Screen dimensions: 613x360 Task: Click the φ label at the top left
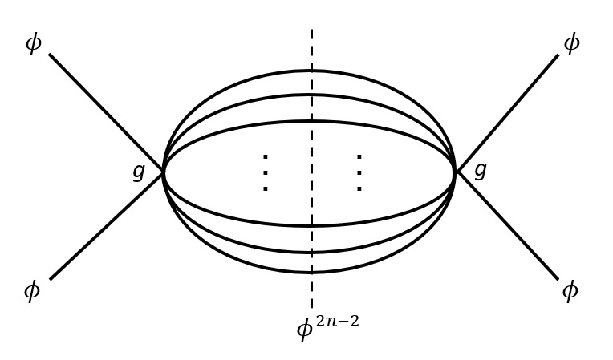coord(33,42)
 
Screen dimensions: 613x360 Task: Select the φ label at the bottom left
coord(31,290)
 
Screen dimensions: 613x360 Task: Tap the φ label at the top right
coord(571,42)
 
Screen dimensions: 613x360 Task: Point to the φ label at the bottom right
coord(570,290)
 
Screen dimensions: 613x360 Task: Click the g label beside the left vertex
coord(139,171)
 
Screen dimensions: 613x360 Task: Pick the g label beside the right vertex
coord(480,170)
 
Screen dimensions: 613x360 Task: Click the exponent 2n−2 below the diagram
coord(337,322)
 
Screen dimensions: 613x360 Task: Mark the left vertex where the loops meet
coord(164,172)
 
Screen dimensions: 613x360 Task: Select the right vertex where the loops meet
coord(456,172)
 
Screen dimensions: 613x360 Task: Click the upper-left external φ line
coord(104,111)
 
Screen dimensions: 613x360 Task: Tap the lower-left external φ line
coord(104,228)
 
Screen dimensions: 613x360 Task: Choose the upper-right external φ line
coord(509,111)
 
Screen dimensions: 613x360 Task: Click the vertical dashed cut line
coord(311,48)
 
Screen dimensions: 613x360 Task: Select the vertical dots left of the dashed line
coord(265,172)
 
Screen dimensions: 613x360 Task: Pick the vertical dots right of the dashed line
coord(359,172)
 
